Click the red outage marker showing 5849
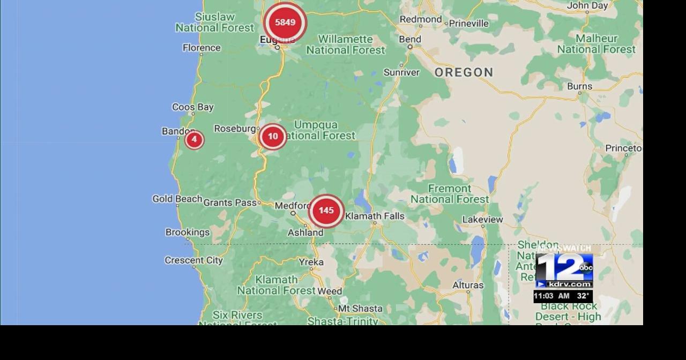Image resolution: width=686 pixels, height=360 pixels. click(285, 22)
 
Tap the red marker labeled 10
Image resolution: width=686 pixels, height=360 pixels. click(273, 137)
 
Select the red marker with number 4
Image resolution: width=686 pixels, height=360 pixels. click(194, 140)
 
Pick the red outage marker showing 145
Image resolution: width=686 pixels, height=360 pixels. click(326, 211)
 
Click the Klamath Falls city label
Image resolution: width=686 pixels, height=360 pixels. click(375, 216)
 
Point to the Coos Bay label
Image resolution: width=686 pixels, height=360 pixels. click(192, 107)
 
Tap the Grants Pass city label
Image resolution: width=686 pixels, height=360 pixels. click(230, 202)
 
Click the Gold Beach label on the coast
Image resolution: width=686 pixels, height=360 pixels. click(177, 199)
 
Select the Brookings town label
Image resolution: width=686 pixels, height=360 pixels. click(187, 232)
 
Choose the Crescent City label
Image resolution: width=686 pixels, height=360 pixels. click(193, 260)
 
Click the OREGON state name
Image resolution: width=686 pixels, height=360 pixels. click(464, 72)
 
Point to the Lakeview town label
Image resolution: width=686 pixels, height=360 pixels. click(482, 219)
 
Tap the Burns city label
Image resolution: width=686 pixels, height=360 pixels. click(579, 86)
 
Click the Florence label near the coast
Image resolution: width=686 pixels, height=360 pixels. click(202, 48)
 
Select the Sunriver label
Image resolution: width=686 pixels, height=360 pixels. click(401, 72)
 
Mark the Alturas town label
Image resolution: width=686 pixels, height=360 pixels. click(468, 285)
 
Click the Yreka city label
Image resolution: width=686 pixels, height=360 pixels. click(311, 262)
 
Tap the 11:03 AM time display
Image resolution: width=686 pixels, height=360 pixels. click(551, 296)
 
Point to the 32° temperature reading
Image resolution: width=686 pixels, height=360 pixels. click(583, 296)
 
